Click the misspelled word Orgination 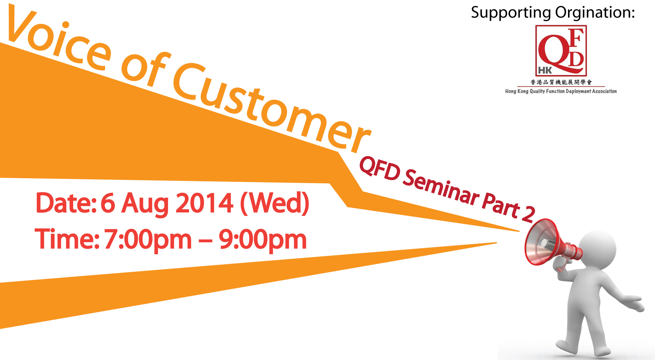tap(595, 12)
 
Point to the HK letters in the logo tap(545, 70)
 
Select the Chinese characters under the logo tap(561, 82)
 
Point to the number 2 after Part tap(528, 214)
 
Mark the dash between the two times tap(205, 240)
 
